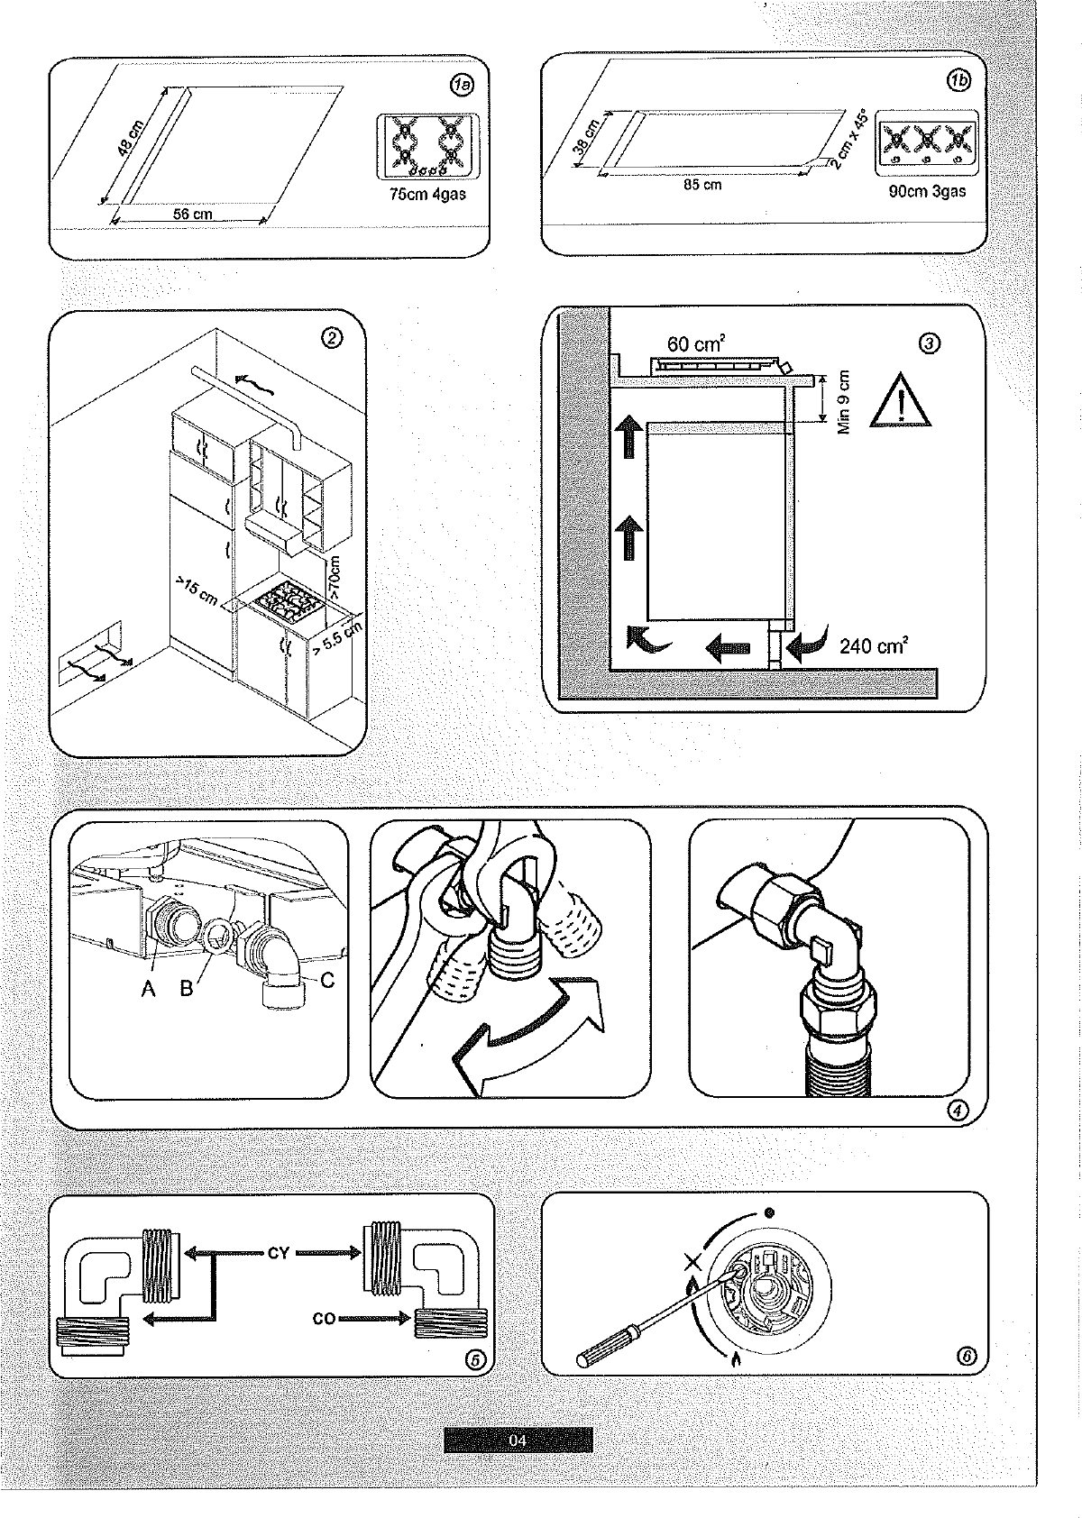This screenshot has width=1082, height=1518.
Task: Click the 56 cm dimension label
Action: (192, 215)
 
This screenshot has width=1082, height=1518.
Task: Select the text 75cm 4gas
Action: (427, 195)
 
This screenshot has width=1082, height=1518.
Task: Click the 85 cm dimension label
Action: (702, 185)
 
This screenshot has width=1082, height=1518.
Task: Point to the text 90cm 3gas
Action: (927, 191)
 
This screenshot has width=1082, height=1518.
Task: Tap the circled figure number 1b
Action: (958, 80)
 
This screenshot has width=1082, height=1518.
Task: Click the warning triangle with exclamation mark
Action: (902, 401)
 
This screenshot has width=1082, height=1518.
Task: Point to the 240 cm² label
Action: (873, 645)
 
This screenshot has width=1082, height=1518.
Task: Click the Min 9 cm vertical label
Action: (844, 402)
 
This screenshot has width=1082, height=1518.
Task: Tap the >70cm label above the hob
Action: (335, 578)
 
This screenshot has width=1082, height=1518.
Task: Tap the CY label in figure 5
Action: (278, 1253)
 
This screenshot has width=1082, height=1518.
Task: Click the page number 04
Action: (518, 1440)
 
